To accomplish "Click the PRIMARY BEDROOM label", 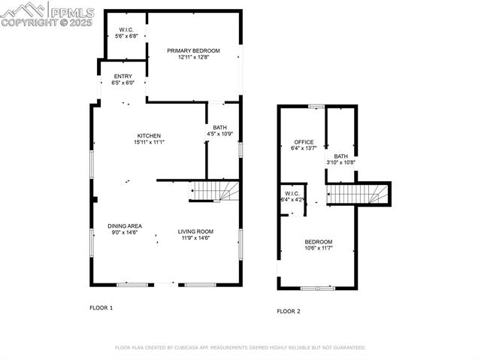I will [193, 50].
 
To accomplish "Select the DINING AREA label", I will [125, 225].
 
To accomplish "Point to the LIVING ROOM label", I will [195, 231].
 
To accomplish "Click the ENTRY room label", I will [123, 77].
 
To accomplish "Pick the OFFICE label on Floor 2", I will [304, 142].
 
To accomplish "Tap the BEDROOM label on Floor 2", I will [318, 241].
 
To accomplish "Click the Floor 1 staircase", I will [213, 191].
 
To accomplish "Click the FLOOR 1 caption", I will [101, 308].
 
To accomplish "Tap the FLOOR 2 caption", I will [288, 311].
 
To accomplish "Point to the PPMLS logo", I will [48, 14].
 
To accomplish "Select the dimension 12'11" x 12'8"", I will [193, 57].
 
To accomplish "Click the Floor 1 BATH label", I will [219, 128].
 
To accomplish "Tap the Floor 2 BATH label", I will [340, 156].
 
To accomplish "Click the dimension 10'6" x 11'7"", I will [318, 248].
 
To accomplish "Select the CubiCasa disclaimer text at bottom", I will [240, 348].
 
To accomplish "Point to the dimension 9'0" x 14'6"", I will [125, 232].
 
